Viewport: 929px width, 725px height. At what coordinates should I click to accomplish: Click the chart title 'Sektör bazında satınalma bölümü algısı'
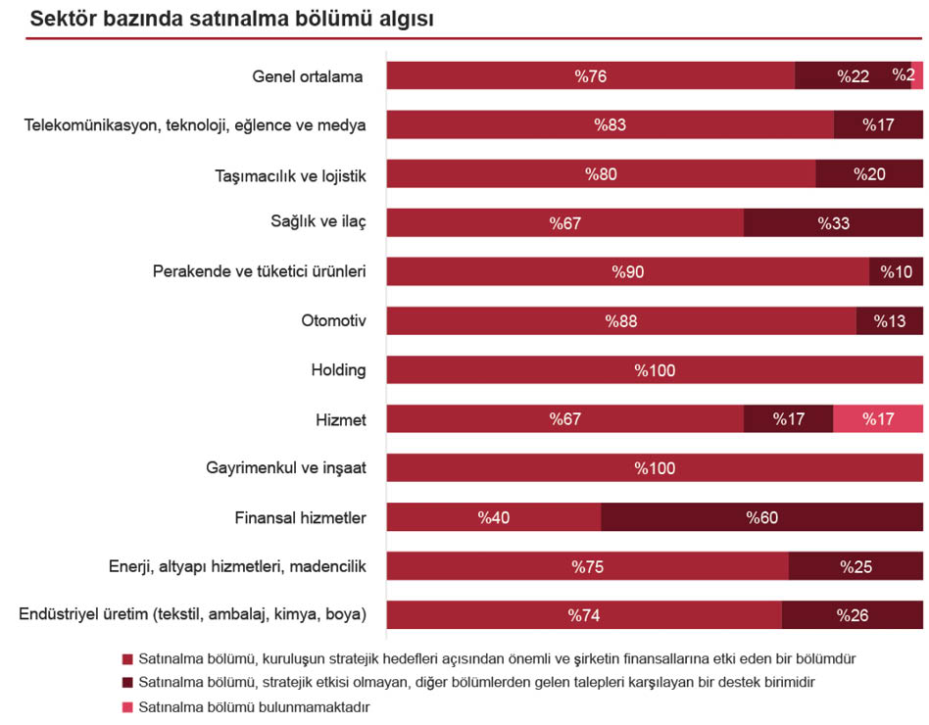[232, 19]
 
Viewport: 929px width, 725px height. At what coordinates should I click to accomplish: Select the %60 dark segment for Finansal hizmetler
[761, 517]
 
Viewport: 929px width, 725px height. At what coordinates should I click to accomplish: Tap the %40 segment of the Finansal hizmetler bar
[493, 517]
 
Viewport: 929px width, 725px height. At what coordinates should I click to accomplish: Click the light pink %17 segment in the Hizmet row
[878, 419]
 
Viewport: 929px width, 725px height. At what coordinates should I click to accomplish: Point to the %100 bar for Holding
[655, 370]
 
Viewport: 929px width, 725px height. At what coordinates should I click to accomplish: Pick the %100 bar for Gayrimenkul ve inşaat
[655, 468]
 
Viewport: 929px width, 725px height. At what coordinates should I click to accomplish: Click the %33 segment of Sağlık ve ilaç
[833, 222]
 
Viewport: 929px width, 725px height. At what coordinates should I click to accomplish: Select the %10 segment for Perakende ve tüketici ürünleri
[896, 271]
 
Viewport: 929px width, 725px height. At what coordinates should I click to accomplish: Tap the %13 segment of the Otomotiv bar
[890, 320]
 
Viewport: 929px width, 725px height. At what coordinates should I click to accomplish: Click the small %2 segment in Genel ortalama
[918, 75]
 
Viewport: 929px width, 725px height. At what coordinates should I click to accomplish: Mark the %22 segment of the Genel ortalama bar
[853, 75]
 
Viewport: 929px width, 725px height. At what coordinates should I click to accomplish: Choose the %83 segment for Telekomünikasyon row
[610, 124]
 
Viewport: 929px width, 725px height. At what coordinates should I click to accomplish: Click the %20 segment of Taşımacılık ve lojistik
[869, 173]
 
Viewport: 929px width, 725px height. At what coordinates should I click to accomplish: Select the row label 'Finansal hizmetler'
[300, 517]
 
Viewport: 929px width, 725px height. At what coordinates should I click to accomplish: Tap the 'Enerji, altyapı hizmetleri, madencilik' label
[237, 566]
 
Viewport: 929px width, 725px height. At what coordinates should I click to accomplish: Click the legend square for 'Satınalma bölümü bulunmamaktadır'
[126, 705]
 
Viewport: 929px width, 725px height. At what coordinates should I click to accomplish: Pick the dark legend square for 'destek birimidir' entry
[126, 682]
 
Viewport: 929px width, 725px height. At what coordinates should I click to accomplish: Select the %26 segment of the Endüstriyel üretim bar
[853, 615]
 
